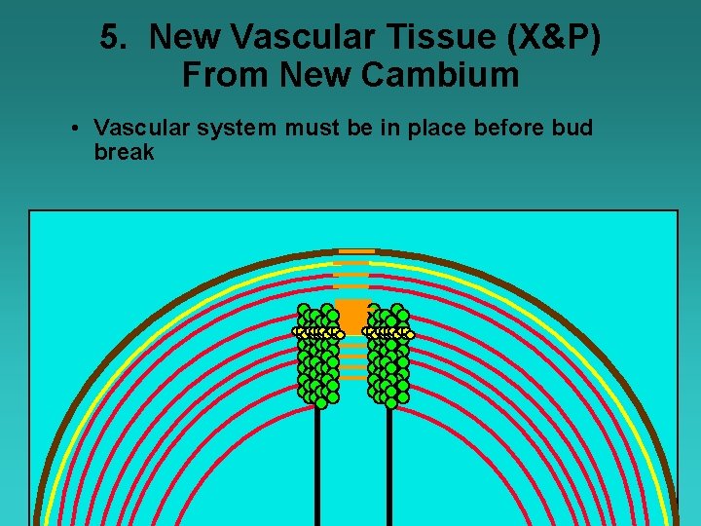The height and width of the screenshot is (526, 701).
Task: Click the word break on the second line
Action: click(x=124, y=152)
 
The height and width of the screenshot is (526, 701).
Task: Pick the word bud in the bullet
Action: click(x=572, y=129)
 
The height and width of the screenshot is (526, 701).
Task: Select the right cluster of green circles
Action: click(x=389, y=356)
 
